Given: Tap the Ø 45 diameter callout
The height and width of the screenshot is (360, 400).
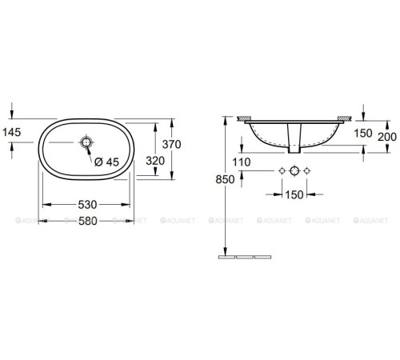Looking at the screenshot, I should tap(106, 162).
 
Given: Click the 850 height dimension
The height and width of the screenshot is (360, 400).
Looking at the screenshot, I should tap(226, 180).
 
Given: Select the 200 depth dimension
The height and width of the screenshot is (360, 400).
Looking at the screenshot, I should tap(386, 135).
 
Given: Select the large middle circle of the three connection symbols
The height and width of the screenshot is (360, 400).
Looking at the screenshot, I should tap(294, 172).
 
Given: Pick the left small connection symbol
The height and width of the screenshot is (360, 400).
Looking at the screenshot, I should tap(281, 172).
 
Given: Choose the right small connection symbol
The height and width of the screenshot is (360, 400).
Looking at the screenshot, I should tap(306, 172).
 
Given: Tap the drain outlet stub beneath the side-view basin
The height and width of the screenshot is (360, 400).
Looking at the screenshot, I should tap(294, 149).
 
